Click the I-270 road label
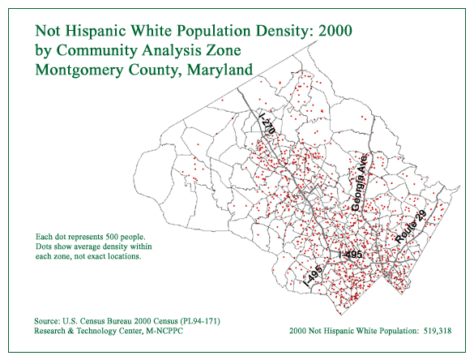pyautogui.click(x=267, y=123)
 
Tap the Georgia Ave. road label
pyautogui.click(x=360, y=182)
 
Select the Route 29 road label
pyautogui.click(x=411, y=226)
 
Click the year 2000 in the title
pyautogui.click(x=335, y=31)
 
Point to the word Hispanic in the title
pyautogui.click(x=96, y=31)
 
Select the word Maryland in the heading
pyautogui.click(x=220, y=71)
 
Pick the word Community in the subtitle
pyautogui.click(x=96, y=51)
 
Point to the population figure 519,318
pyautogui.click(x=438, y=331)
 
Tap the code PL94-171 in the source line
pyautogui.click(x=201, y=321)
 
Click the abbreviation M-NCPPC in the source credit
pyautogui.click(x=164, y=331)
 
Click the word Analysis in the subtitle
pyautogui.click(x=172, y=51)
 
